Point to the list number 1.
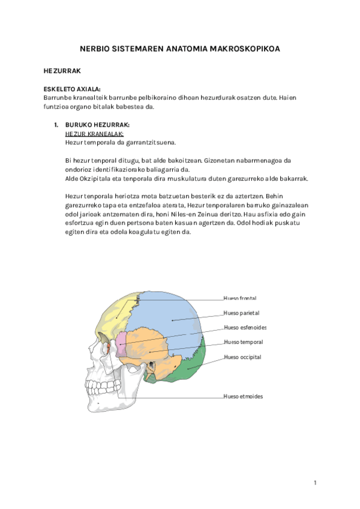[55, 125]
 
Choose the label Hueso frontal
[239, 298]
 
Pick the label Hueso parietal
[241, 313]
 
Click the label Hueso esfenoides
[245, 328]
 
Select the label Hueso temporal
[243, 342]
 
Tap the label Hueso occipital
[242, 357]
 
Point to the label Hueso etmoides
[243, 396]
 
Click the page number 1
[315, 483]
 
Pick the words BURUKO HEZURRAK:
[97, 125]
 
